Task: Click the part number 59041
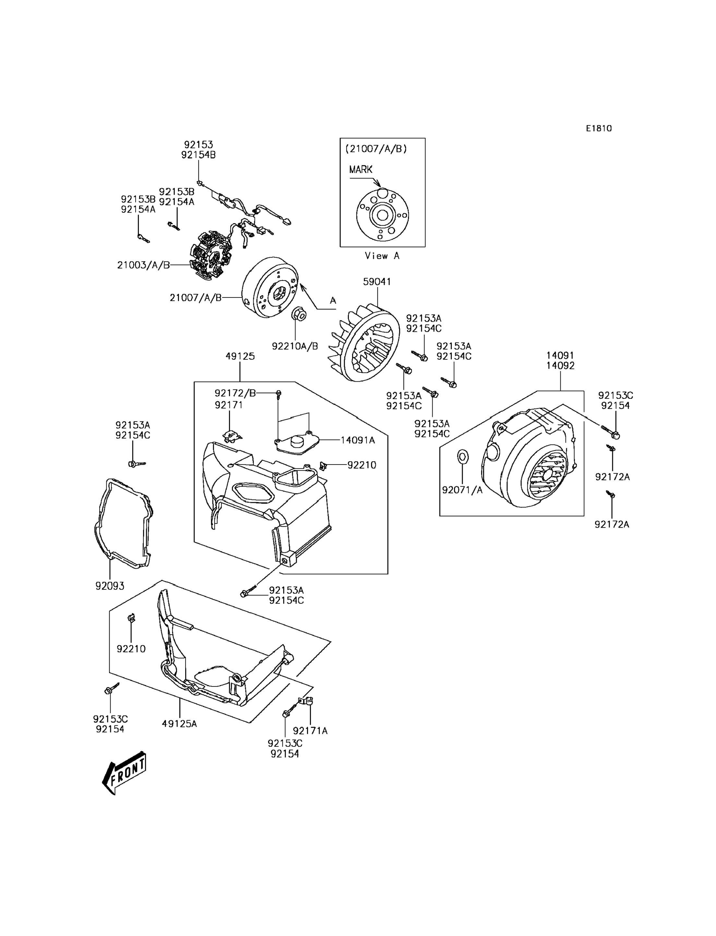(377, 282)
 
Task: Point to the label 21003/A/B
(144, 265)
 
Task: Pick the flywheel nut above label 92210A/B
(298, 316)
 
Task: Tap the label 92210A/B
(295, 346)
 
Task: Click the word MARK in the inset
(361, 169)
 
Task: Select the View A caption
(382, 256)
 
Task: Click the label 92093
(110, 586)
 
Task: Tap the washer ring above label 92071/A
(462, 457)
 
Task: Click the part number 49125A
(179, 723)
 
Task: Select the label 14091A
(358, 440)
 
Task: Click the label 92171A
(310, 731)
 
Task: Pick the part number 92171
(229, 405)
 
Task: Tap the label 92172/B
(235, 393)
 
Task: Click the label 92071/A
(462, 490)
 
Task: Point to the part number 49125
(240, 356)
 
